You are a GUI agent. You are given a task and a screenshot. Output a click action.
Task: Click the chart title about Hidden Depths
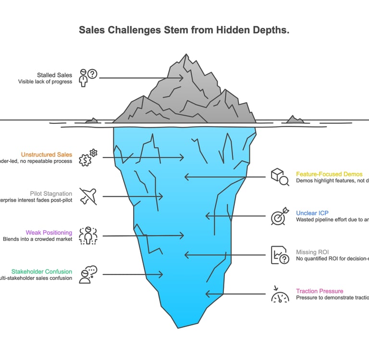tap(184, 30)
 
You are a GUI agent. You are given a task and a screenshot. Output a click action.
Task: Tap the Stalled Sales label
tap(54, 74)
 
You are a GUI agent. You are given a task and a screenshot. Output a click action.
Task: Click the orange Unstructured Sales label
tap(47, 155)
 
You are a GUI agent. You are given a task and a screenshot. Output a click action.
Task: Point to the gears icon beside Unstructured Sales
tap(88, 157)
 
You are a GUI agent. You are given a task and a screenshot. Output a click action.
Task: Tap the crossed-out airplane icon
tap(88, 196)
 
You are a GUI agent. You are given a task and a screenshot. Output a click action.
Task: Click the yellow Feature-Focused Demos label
tap(329, 174)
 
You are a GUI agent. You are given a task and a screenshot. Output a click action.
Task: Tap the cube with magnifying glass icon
tap(280, 177)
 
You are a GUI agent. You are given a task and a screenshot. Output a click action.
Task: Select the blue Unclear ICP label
tap(312, 213)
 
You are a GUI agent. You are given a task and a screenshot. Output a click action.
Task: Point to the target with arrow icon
tap(280, 216)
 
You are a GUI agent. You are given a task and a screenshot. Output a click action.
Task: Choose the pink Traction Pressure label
tap(320, 291)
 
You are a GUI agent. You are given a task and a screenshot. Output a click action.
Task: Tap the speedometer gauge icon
tap(280, 295)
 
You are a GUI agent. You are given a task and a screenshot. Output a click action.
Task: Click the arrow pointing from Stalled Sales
tap(141, 78)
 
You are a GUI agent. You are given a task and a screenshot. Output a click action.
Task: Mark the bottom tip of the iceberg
tap(178, 327)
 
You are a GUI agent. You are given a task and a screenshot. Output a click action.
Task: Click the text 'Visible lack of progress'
tap(45, 82)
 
